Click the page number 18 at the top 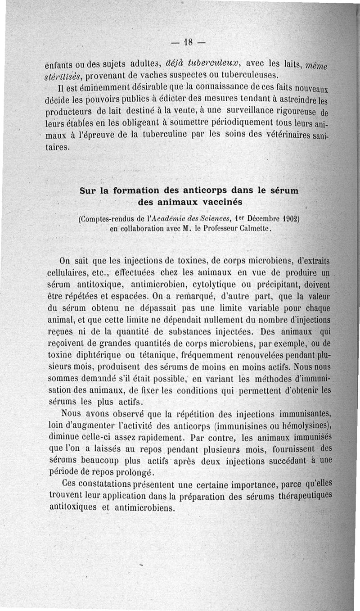coord(188,44)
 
